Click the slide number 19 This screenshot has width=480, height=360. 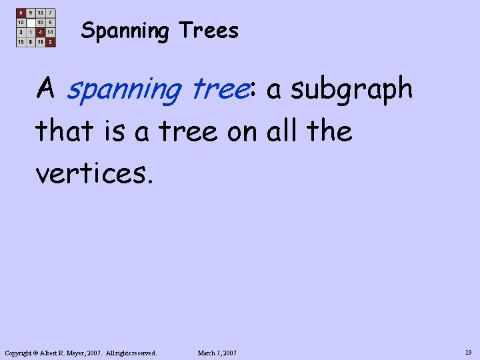[x=469, y=352]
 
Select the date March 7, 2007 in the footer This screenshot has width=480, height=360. [x=217, y=353]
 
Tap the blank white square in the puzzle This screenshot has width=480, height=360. [x=31, y=22]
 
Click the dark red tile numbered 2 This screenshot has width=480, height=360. [x=50, y=41]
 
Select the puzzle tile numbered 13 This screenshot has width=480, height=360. [x=41, y=13]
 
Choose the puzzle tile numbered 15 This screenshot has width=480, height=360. [x=21, y=41]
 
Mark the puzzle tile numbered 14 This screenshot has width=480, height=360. [x=50, y=32]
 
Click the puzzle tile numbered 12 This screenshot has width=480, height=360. [x=21, y=22]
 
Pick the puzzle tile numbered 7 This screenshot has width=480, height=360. [x=50, y=13]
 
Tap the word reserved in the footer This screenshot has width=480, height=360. [x=142, y=353]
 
